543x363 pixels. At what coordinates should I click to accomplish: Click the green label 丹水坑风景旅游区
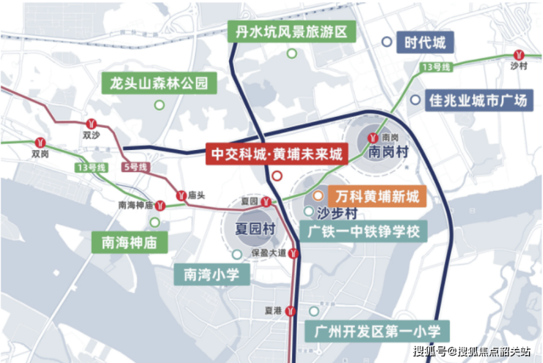click(291, 31)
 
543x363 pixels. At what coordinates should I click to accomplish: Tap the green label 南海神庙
click(128, 241)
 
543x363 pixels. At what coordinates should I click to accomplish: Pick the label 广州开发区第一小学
click(379, 331)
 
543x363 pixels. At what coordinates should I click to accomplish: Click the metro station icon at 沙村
click(519, 54)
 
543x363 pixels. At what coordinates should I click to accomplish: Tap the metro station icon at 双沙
click(92, 123)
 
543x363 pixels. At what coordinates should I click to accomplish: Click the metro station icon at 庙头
click(181, 195)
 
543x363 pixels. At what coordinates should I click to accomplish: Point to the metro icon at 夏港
click(291, 311)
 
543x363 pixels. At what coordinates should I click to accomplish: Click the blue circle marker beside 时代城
click(386, 43)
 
